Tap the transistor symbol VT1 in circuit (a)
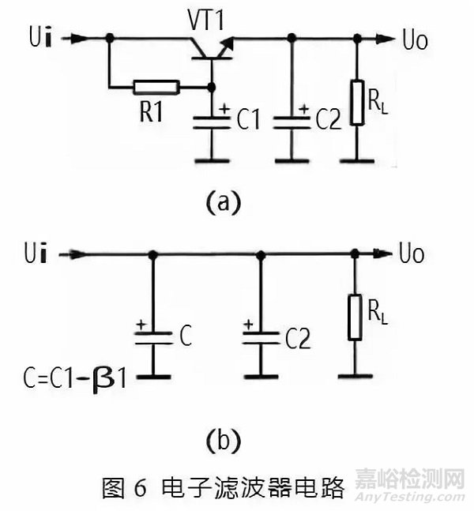[x=212, y=50]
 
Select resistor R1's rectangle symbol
[x=156, y=87]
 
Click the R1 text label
[x=155, y=111]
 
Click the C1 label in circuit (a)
[x=247, y=120]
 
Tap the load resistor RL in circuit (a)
[x=358, y=102]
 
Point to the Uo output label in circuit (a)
[x=414, y=39]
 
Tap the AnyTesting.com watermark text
[x=410, y=498]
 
